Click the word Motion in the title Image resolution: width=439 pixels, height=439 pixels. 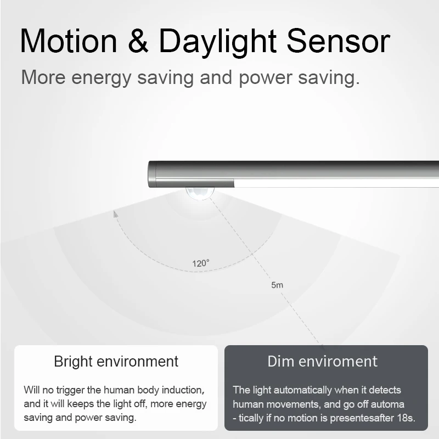(x=69, y=41)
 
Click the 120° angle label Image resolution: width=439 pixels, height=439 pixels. (x=201, y=263)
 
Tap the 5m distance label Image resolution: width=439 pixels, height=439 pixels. (x=277, y=285)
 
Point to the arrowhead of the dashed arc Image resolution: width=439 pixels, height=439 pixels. (x=116, y=213)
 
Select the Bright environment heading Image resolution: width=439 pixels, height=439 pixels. (x=116, y=362)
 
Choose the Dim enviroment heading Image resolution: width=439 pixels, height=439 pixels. (x=323, y=361)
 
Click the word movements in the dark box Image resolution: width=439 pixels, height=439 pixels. (x=291, y=404)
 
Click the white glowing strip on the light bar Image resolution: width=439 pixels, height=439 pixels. (x=335, y=183)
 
